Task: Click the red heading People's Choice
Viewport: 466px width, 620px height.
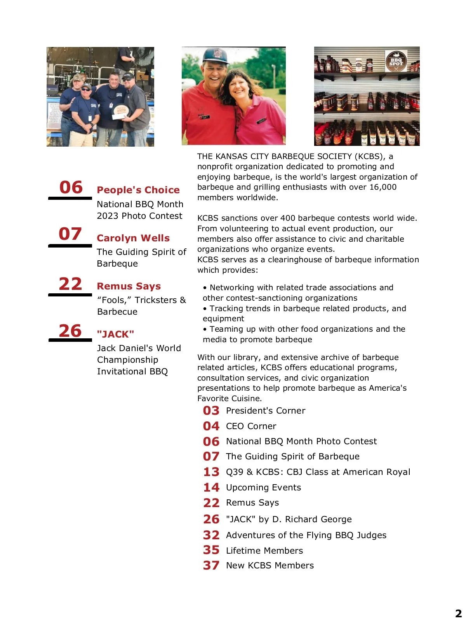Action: coord(138,190)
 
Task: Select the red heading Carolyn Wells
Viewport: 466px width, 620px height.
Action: coord(133,238)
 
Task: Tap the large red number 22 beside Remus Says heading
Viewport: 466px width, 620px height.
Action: coord(70,284)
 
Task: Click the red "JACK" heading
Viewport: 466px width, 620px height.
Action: coord(115,334)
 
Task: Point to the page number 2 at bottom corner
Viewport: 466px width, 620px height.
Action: coord(458,613)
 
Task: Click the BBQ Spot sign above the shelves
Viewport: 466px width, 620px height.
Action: coord(396,61)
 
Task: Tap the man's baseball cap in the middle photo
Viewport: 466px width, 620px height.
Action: coord(216,55)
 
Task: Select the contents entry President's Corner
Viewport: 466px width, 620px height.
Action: coord(266,410)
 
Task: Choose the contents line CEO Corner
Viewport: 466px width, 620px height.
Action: coord(251,426)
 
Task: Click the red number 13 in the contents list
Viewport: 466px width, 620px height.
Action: coord(211,472)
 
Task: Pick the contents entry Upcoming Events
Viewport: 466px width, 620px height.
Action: coord(263,487)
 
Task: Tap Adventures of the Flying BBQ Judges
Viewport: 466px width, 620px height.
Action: coord(306,535)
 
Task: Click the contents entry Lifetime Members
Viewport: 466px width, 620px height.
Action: coord(264,551)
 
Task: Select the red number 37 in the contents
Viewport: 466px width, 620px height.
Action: coord(211,565)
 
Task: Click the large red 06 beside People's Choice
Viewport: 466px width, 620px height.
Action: coord(71,187)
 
